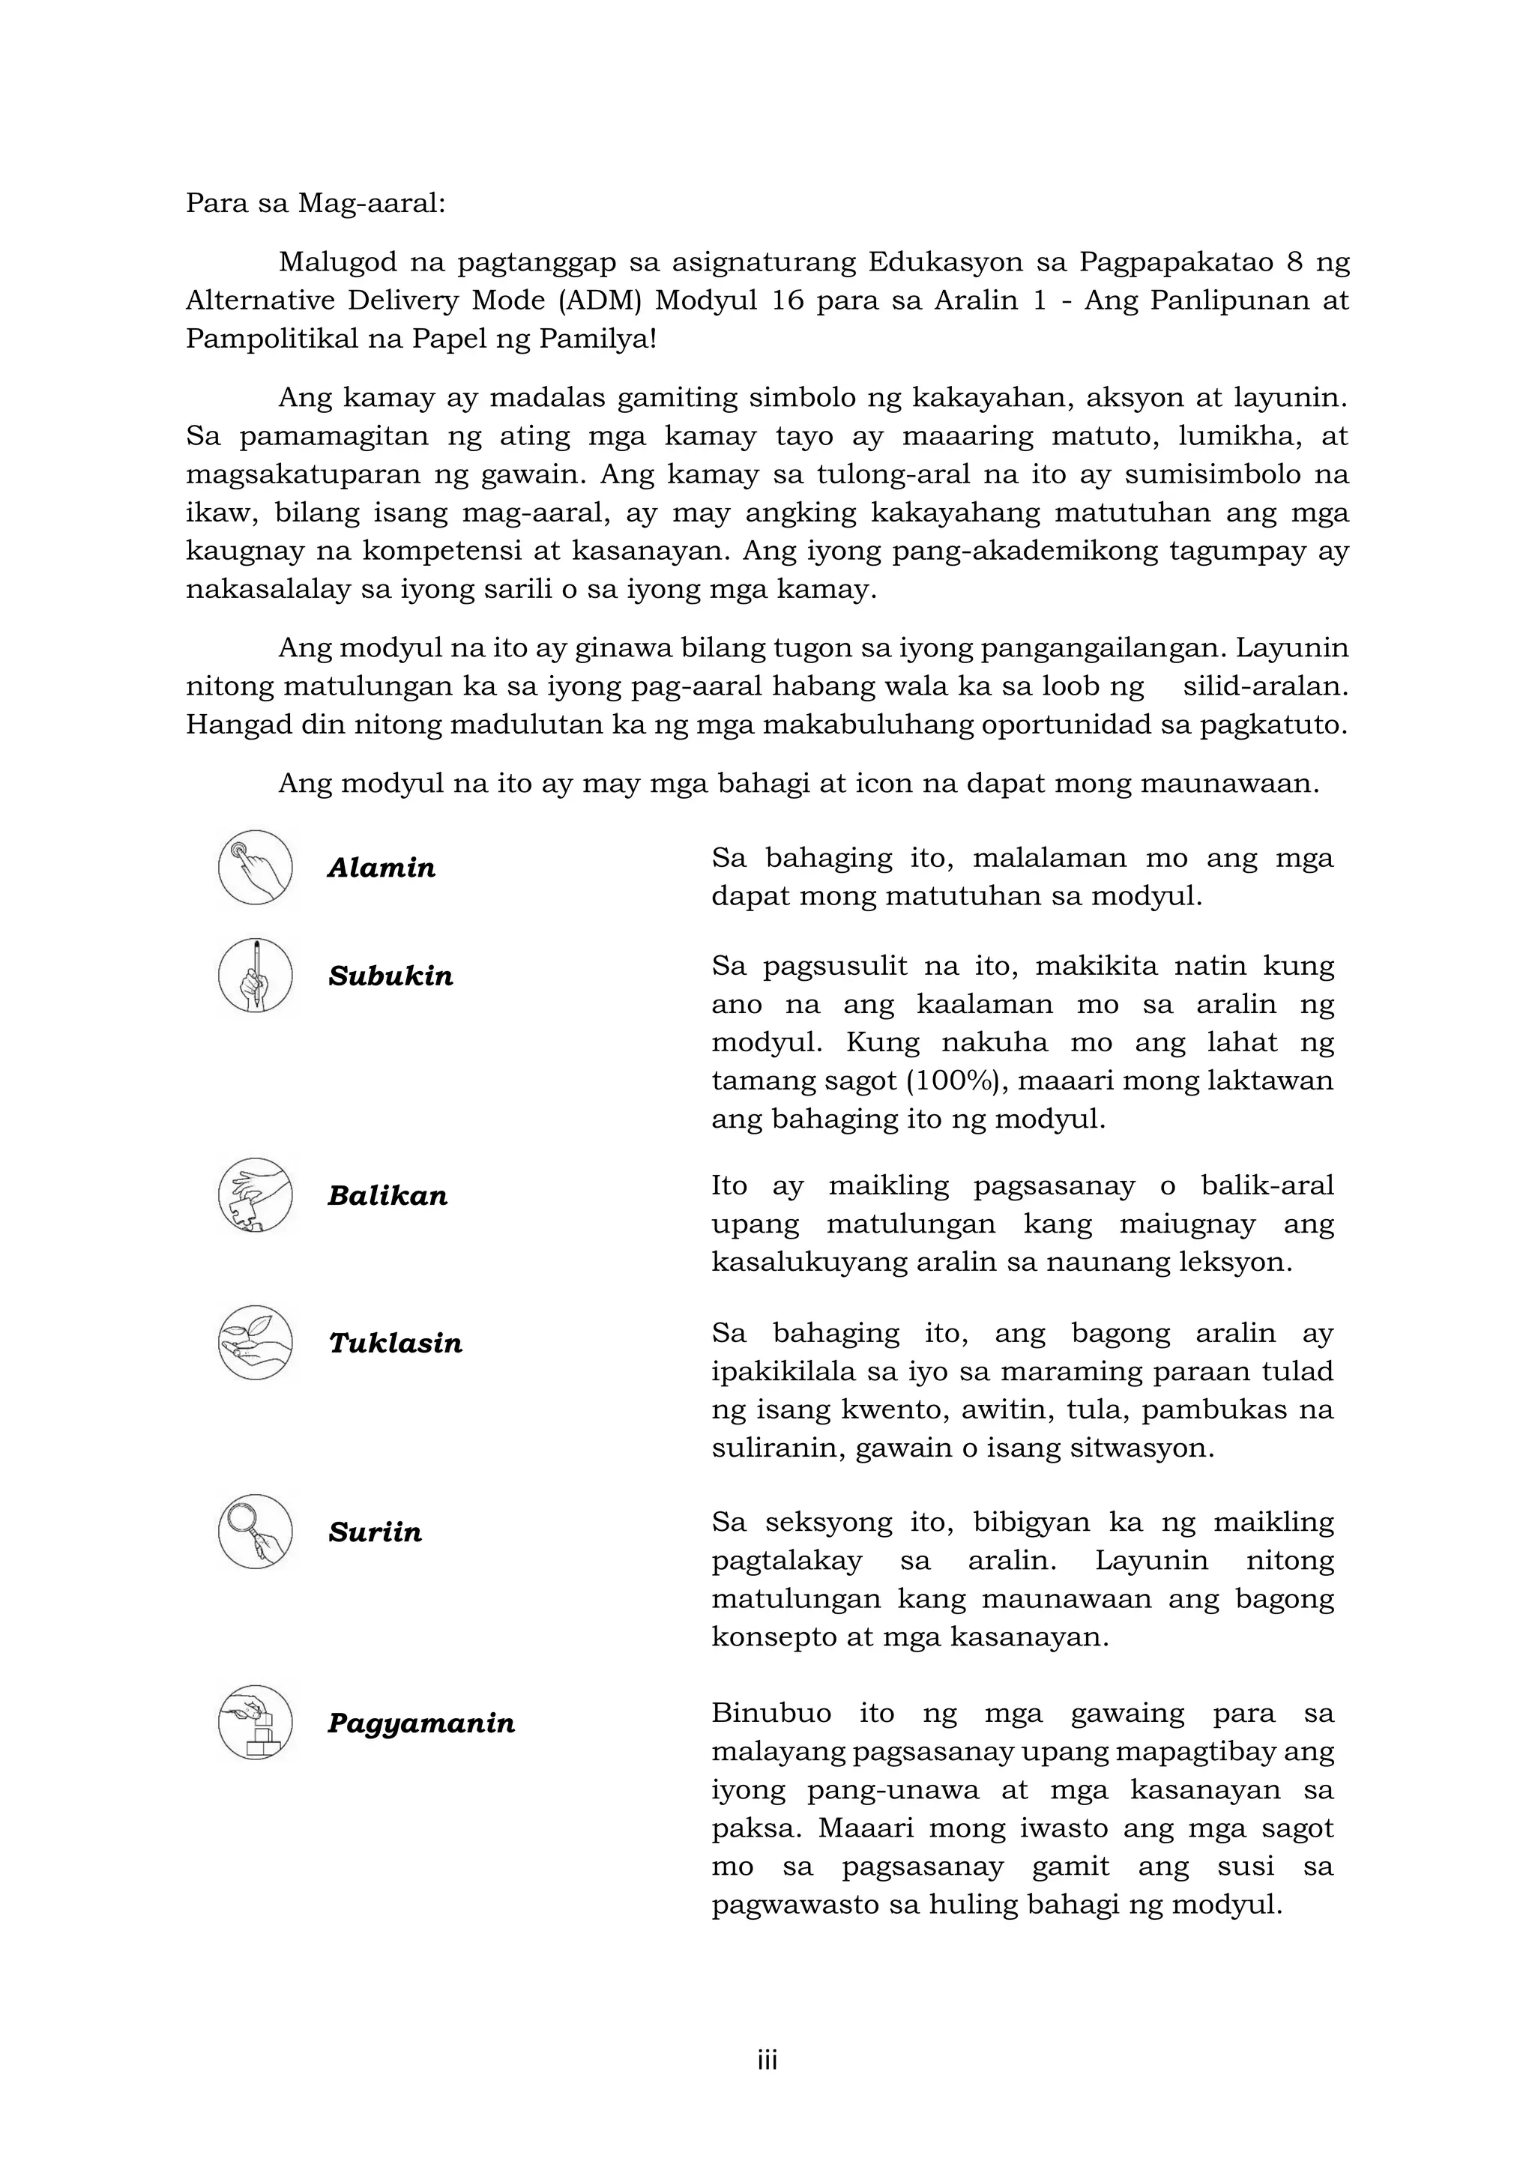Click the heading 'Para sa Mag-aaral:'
pos(315,203)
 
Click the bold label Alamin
pos(382,868)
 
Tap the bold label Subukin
pos(390,976)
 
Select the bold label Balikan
pos(387,1196)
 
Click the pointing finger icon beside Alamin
pos(255,868)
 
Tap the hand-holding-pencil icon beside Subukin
pos(255,976)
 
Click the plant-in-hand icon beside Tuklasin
pos(255,1342)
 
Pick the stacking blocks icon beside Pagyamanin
pos(255,1722)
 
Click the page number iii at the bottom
pos(767,2061)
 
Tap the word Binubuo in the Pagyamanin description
pos(771,1713)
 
